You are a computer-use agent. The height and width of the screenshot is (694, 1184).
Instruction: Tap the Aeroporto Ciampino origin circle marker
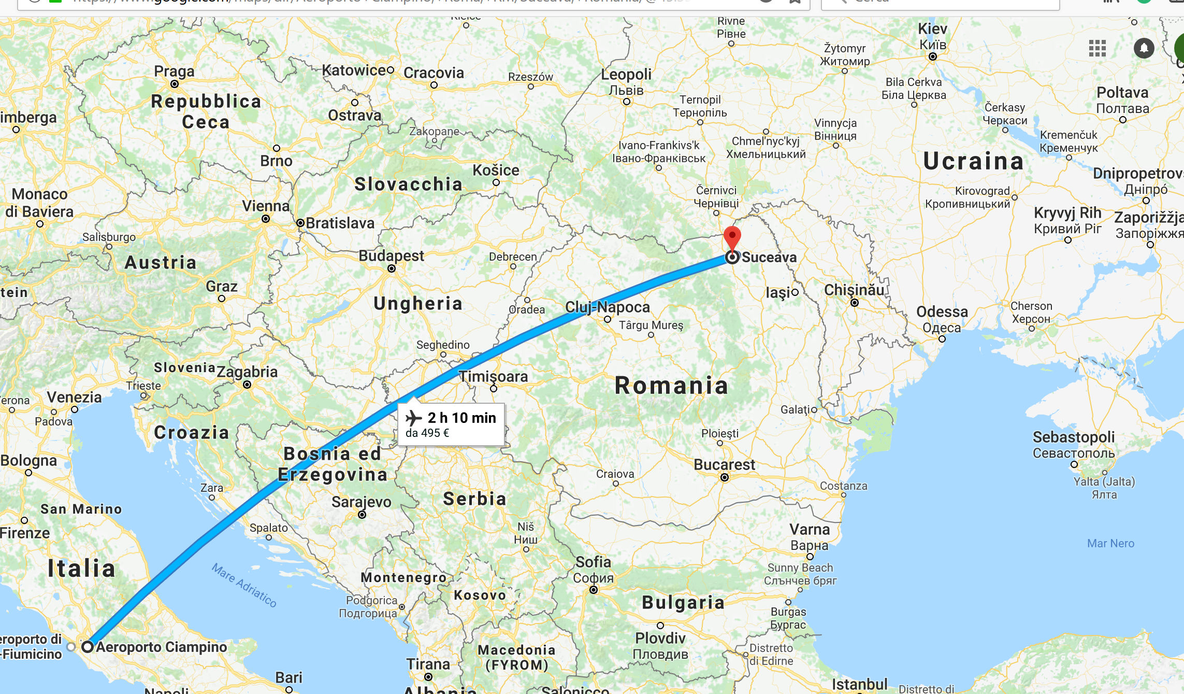[x=88, y=646]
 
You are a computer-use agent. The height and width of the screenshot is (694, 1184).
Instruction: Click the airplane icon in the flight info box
[x=414, y=417]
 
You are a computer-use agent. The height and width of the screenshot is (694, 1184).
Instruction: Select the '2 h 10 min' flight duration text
[x=461, y=418]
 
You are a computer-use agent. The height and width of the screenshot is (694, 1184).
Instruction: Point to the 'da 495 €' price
[x=427, y=433]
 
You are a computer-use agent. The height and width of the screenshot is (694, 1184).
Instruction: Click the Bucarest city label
[x=724, y=464]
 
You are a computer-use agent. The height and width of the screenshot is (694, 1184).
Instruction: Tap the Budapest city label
[x=391, y=256]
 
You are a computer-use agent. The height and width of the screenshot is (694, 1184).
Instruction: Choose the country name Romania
[x=671, y=386]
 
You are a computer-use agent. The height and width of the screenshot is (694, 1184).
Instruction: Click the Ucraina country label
[x=973, y=161]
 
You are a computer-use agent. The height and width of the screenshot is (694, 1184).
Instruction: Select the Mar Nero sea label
[x=1110, y=543]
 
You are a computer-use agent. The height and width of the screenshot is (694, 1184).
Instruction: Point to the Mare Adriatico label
[x=244, y=585]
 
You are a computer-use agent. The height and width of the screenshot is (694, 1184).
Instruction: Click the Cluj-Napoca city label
[x=607, y=307]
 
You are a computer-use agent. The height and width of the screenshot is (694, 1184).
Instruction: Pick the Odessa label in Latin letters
[x=942, y=311]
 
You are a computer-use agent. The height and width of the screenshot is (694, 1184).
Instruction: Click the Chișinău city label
[x=854, y=290]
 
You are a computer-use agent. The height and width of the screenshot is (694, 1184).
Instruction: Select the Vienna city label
[x=266, y=206]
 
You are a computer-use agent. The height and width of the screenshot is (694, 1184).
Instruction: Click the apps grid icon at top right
[x=1097, y=48]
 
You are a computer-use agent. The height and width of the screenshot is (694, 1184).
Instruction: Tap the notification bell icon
[x=1144, y=48]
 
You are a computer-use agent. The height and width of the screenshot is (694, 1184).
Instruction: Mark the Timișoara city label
[x=494, y=376]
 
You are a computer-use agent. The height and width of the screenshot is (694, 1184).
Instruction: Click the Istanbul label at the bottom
[x=859, y=684]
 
